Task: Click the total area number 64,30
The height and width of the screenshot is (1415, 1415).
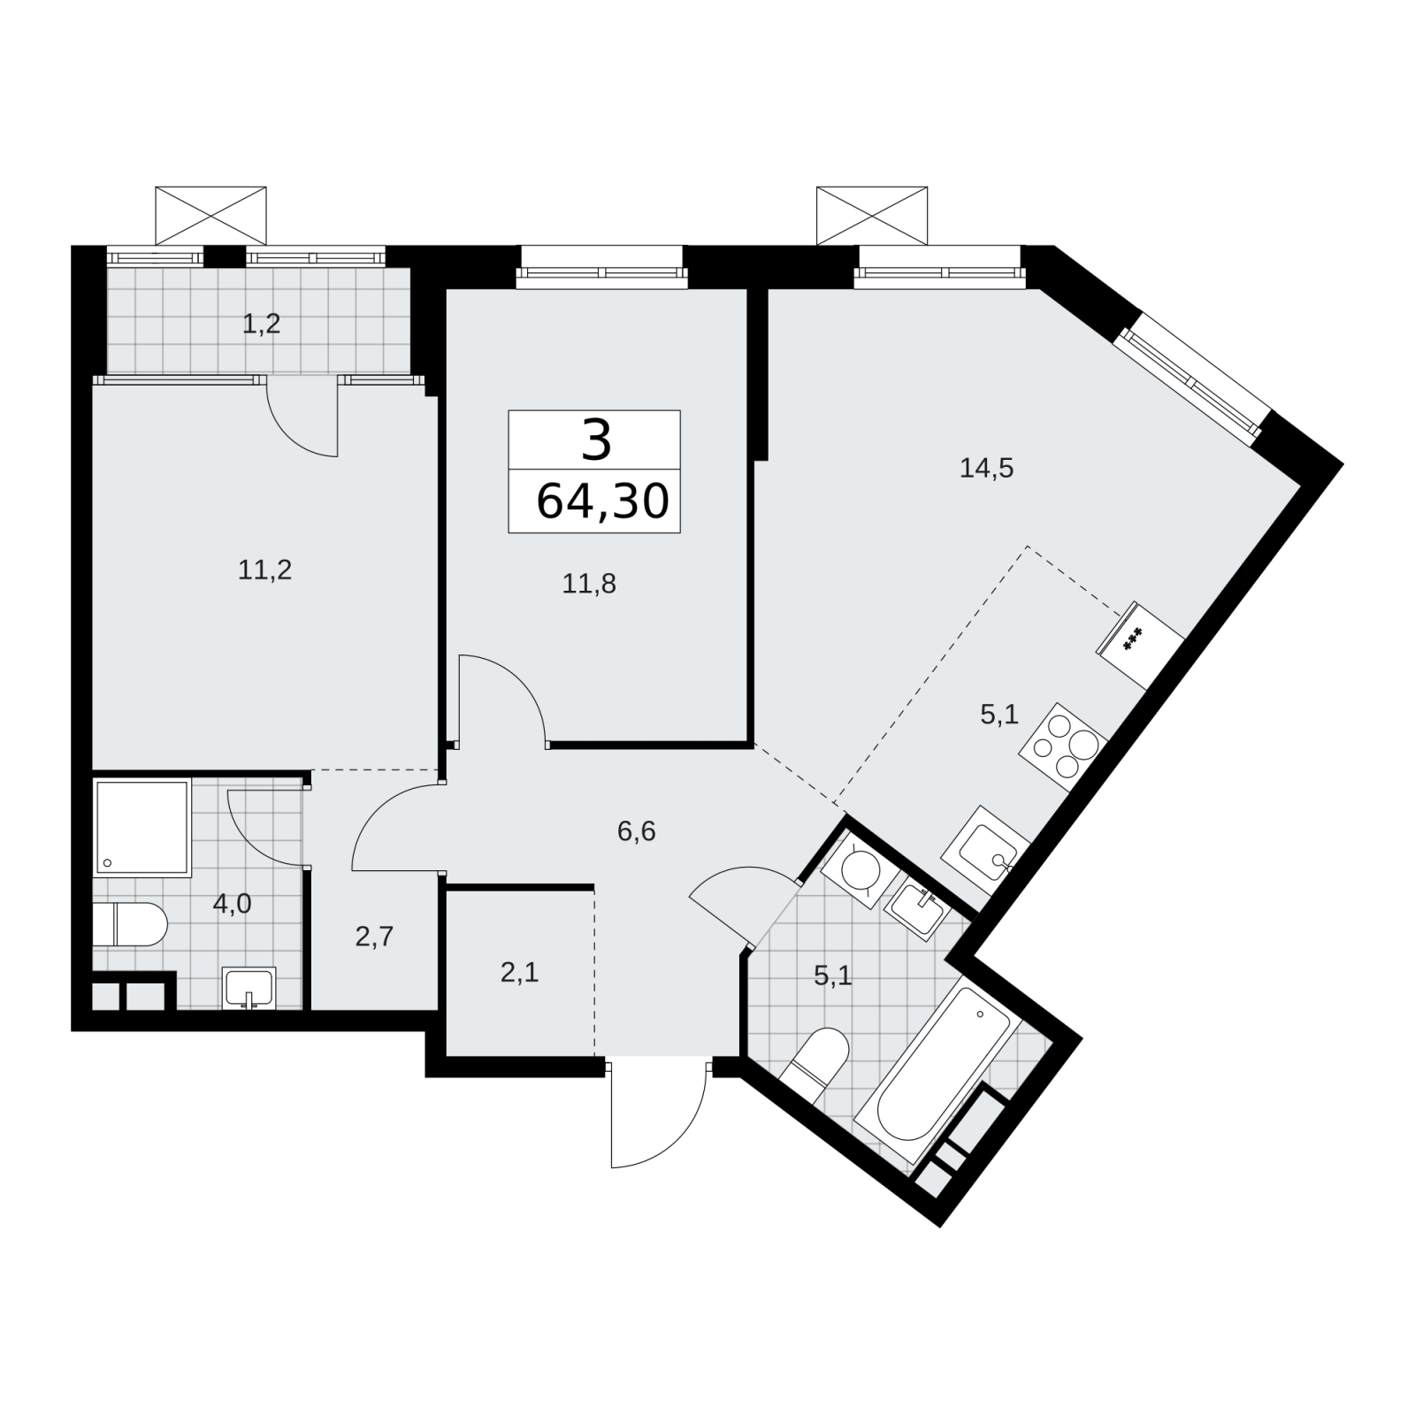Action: pos(602,501)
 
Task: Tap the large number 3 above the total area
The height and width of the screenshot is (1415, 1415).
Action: pos(596,440)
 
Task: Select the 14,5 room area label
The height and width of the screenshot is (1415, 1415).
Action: pos(986,468)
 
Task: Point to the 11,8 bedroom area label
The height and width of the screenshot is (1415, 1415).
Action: pos(589,583)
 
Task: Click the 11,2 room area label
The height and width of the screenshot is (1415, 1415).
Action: pos(264,570)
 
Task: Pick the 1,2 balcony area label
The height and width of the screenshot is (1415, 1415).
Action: pos(262,324)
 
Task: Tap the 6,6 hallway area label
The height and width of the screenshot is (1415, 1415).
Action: pos(637,831)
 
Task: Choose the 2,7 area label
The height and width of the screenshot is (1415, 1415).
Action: pos(374,937)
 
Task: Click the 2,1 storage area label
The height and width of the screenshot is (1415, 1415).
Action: pos(519,973)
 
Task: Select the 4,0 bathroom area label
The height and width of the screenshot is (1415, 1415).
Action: pos(232,903)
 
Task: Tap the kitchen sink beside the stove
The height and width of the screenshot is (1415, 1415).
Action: pos(985,849)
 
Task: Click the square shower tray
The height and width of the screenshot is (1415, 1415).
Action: pos(142,828)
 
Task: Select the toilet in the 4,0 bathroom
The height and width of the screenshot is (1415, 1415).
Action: pos(129,924)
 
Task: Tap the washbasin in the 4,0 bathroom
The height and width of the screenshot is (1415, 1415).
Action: pos(249,988)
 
